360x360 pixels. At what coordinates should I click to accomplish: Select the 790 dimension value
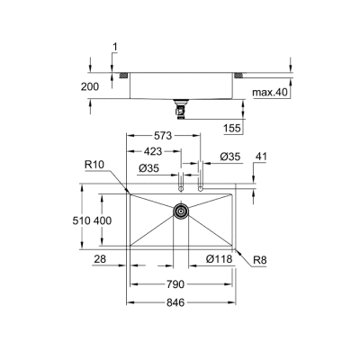pyautogui.click(x=175, y=284)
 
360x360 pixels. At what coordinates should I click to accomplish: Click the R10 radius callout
pyautogui.click(x=96, y=166)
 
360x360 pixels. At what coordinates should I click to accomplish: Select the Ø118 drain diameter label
pyautogui.click(x=218, y=259)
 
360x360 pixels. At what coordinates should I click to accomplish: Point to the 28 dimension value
pyautogui.click(x=102, y=259)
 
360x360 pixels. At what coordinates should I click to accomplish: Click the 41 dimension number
pyautogui.click(x=262, y=157)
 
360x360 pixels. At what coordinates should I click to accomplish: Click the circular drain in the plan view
pyautogui.click(x=181, y=211)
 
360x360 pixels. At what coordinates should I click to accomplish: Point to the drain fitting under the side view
pyautogui.click(x=181, y=110)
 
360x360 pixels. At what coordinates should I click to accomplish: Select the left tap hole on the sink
pyautogui.click(x=181, y=189)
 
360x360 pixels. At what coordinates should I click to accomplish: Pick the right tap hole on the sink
pyautogui.click(x=200, y=189)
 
